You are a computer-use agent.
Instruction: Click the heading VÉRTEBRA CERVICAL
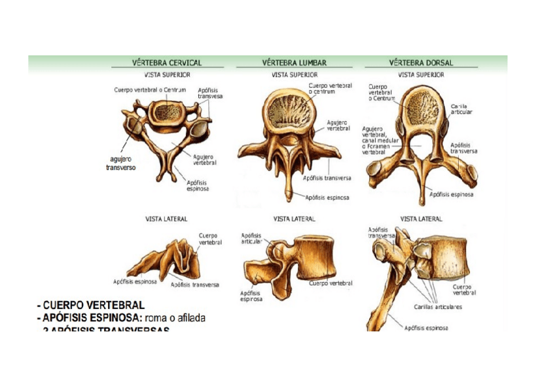tap(167, 63)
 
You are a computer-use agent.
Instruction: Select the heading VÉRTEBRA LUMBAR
tap(295, 63)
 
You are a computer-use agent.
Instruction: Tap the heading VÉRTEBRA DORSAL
tap(421, 63)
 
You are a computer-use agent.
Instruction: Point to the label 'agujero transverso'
tap(119, 163)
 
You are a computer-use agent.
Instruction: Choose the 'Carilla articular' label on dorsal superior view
tap(461, 109)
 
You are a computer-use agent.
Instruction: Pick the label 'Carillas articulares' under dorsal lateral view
tap(438, 306)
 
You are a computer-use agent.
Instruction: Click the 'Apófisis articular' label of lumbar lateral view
tap(251, 238)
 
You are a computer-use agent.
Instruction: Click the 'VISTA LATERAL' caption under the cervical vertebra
tap(166, 219)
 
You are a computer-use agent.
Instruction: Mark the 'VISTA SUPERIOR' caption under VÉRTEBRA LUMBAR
tap(295, 75)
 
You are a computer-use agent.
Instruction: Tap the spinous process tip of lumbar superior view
tap(288, 194)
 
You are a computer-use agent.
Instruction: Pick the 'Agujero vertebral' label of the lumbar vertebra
tap(338, 125)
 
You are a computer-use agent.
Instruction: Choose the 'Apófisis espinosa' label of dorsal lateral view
tap(427, 328)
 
